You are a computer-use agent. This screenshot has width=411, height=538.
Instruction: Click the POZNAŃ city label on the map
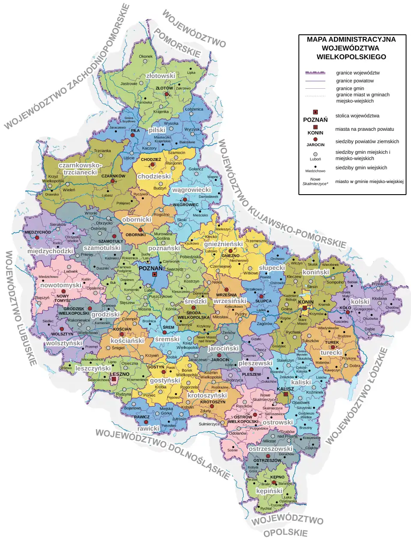[x=151, y=268]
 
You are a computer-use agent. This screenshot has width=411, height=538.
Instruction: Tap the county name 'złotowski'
[x=161, y=76]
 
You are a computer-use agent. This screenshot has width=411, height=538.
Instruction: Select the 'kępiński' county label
[x=269, y=491]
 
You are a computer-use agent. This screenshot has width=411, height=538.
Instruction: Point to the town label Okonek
[x=146, y=57]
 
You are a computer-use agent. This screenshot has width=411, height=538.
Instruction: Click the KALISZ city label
[x=285, y=389]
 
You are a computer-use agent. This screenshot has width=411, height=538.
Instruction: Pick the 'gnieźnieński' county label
[x=223, y=244]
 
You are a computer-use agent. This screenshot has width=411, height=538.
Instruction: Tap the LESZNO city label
[x=119, y=374]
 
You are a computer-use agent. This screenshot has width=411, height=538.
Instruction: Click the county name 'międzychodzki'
[x=50, y=251]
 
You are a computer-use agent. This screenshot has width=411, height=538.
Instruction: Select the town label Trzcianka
[x=102, y=151]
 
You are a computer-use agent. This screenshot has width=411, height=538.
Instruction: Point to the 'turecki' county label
[x=331, y=352]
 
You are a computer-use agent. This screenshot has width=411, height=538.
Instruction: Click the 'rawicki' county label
[x=148, y=428]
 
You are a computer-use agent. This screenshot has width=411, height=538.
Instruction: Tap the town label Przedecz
[x=380, y=284]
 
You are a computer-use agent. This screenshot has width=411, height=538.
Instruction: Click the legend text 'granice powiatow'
[x=355, y=81]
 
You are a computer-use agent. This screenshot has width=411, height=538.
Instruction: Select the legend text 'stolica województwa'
[x=357, y=116]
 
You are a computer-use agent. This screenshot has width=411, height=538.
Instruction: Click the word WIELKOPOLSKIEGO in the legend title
[x=351, y=57]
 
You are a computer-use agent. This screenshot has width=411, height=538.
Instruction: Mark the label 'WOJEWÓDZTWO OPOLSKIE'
[x=287, y=526]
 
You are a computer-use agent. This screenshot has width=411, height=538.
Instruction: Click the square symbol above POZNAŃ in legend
[x=316, y=112]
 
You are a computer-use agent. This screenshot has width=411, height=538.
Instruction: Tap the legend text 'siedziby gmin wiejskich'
[x=361, y=168]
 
